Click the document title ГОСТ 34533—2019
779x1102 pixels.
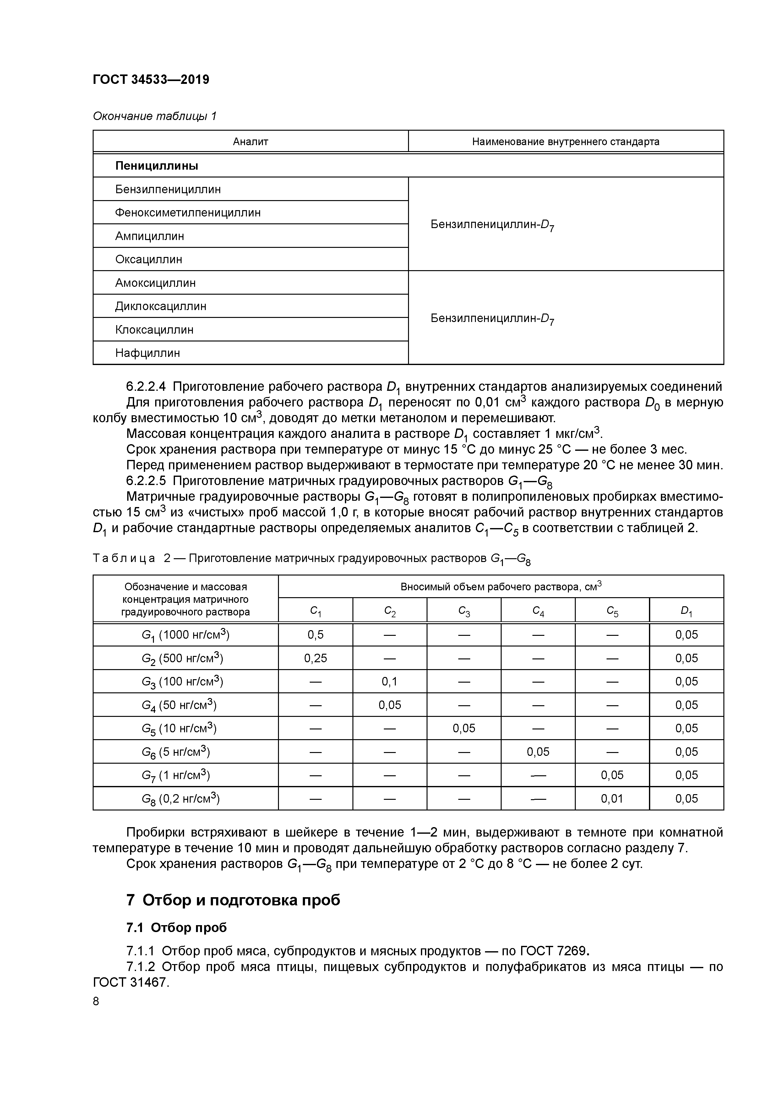(x=151, y=80)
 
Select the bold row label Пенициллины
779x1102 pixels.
(x=156, y=166)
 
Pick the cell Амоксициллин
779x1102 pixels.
(x=155, y=283)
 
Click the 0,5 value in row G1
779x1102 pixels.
(x=315, y=635)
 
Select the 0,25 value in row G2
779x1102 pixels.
(x=315, y=658)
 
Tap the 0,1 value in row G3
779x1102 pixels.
(x=389, y=682)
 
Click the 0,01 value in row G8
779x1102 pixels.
(x=612, y=799)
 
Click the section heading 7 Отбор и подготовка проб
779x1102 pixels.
(x=233, y=900)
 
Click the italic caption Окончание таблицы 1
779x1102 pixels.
(x=155, y=116)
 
